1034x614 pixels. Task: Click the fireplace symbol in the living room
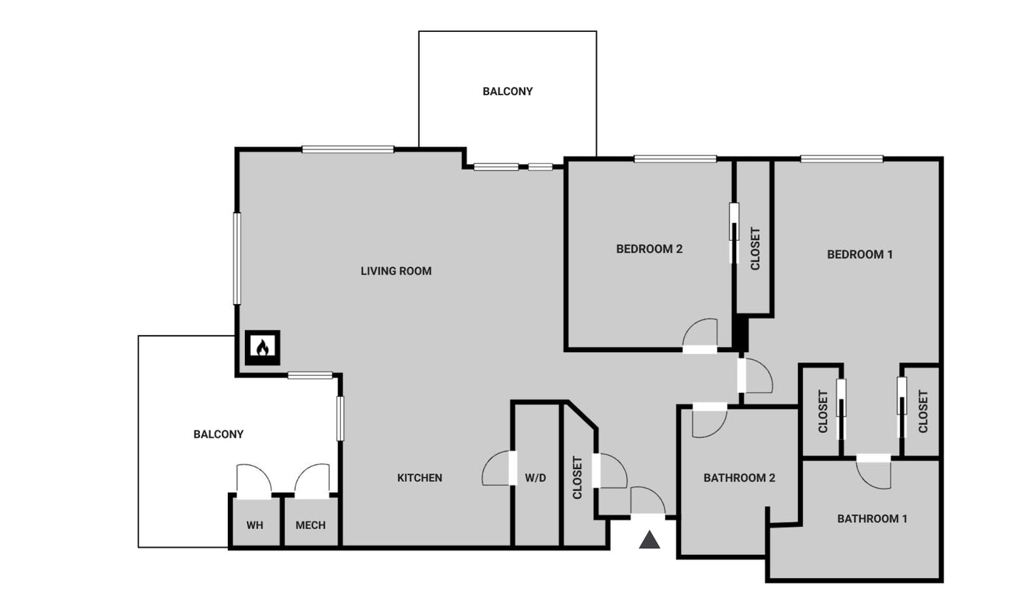262,347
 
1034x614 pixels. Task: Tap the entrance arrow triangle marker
650,540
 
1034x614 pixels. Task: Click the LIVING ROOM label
396,271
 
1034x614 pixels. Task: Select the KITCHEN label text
420,478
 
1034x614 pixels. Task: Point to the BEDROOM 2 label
649,249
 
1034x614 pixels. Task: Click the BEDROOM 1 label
860,254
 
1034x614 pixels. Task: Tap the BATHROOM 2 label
739,478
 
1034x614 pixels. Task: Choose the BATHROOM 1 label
872,519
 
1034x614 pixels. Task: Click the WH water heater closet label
254,525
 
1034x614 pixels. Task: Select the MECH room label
310,525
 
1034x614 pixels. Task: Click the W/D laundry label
535,478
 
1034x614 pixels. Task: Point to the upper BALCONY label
507,91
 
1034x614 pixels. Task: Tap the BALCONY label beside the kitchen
218,434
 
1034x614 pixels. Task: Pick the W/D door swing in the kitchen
497,468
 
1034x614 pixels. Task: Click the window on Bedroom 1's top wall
841,159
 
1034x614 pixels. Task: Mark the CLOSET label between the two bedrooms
755,249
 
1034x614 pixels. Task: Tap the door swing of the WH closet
252,480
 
